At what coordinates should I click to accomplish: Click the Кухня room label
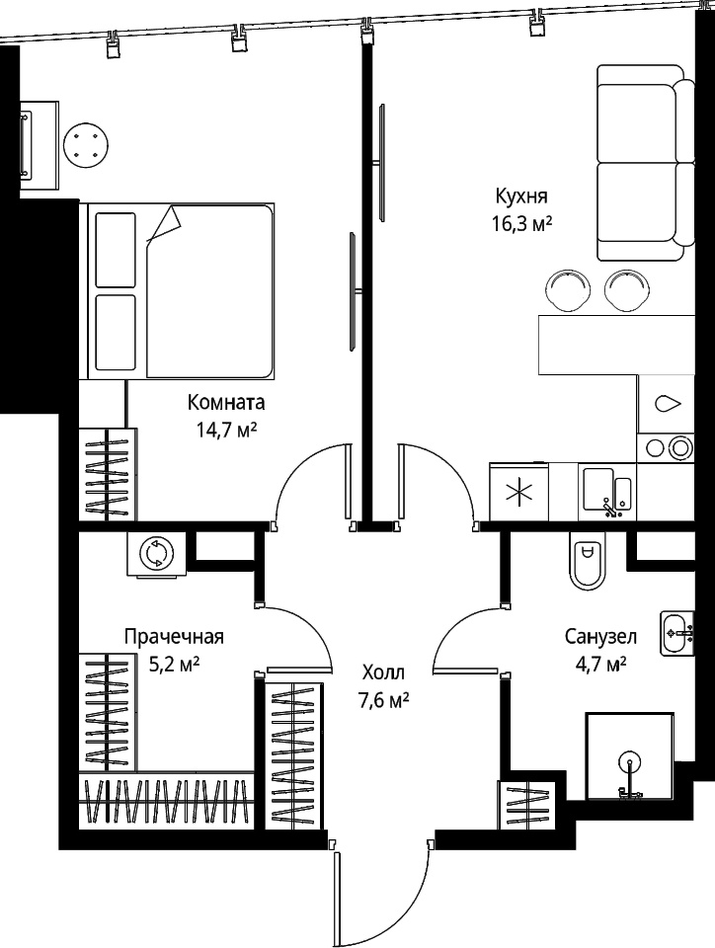[x=521, y=197]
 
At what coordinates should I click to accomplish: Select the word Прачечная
[x=174, y=637]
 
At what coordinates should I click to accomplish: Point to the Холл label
[x=383, y=672]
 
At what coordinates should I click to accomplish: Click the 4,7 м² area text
[x=600, y=665]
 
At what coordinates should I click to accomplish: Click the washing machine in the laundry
[x=157, y=553]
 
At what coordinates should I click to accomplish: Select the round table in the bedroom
[x=87, y=145]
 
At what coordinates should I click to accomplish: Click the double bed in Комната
[x=181, y=290]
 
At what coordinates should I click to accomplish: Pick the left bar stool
[x=566, y=290]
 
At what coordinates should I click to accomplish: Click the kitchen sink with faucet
[x=608, y=492]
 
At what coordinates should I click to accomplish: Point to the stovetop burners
[x=668, y=448]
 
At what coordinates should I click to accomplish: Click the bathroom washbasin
[x=677, y=632]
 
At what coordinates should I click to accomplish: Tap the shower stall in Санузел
[x=629, y=756]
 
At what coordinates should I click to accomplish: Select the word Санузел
[x=600, y=637]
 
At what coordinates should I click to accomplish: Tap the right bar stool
[x=626, y=290]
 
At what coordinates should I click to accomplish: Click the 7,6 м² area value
[x=383, y=700]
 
